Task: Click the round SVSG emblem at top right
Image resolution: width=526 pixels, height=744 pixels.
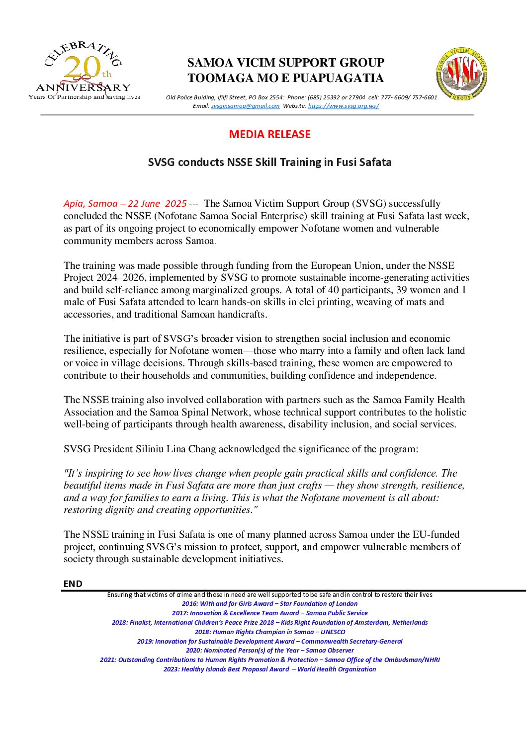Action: [461, 74]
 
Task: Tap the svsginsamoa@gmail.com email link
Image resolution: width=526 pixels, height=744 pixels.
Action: [245, 106]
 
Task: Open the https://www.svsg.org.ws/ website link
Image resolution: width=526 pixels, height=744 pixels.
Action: [343, 106]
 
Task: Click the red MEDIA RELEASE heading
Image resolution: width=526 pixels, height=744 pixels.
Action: [269, 134]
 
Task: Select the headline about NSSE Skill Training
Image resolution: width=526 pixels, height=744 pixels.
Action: [269, 162]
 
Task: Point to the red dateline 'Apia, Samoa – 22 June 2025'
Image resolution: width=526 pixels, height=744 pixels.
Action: [125, 203]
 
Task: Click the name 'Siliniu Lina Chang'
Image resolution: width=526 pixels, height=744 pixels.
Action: [176, 449]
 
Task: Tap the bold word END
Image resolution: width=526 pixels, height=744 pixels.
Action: [73, 583]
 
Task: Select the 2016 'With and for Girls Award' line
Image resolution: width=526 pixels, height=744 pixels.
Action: [269, 604]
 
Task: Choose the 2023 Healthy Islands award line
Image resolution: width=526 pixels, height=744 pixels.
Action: [269, 669]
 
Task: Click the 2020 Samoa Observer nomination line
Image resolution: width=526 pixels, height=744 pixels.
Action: [269, 650]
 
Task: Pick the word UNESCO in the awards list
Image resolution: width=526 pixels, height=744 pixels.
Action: [333, 632]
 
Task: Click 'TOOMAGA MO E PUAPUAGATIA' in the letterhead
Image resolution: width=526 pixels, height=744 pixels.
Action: [285, 78]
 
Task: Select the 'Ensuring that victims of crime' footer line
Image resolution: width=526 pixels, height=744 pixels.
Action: [269, 594]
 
